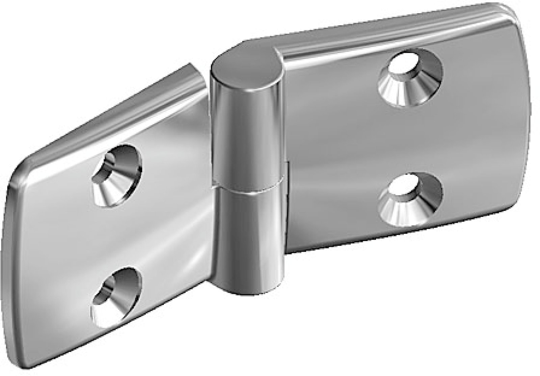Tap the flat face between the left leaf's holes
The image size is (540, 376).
tap(116, 233)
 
